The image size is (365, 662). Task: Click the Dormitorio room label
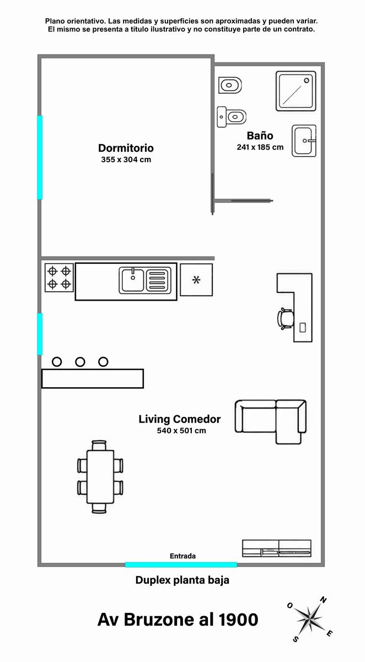pos(126,148)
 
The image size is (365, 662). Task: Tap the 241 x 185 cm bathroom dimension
pos(260,147)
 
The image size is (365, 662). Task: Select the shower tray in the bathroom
pos(296,91)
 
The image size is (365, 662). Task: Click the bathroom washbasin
pos(304,141)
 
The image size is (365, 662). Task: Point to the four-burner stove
pos(59,277)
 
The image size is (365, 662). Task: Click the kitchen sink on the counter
pos(145,280)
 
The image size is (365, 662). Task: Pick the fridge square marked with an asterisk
pos(196,280)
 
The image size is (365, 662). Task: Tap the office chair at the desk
pos(285,319)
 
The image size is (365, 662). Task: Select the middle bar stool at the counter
pos(80,362)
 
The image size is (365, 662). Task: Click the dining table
pos(100,477)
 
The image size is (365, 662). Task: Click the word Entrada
pos(182,556)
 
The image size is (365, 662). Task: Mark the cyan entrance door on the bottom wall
pos(181,565)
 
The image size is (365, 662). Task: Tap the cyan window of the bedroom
pos(40,157)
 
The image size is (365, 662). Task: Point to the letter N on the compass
pos(323,600)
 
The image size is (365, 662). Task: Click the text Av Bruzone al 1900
pos(178,620)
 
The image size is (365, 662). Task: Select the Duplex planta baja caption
pos(182,580)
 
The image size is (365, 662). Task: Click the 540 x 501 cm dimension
pos(181,430)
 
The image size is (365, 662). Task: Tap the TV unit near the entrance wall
pos(277,548)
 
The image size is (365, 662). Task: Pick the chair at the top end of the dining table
pos(99,445)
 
